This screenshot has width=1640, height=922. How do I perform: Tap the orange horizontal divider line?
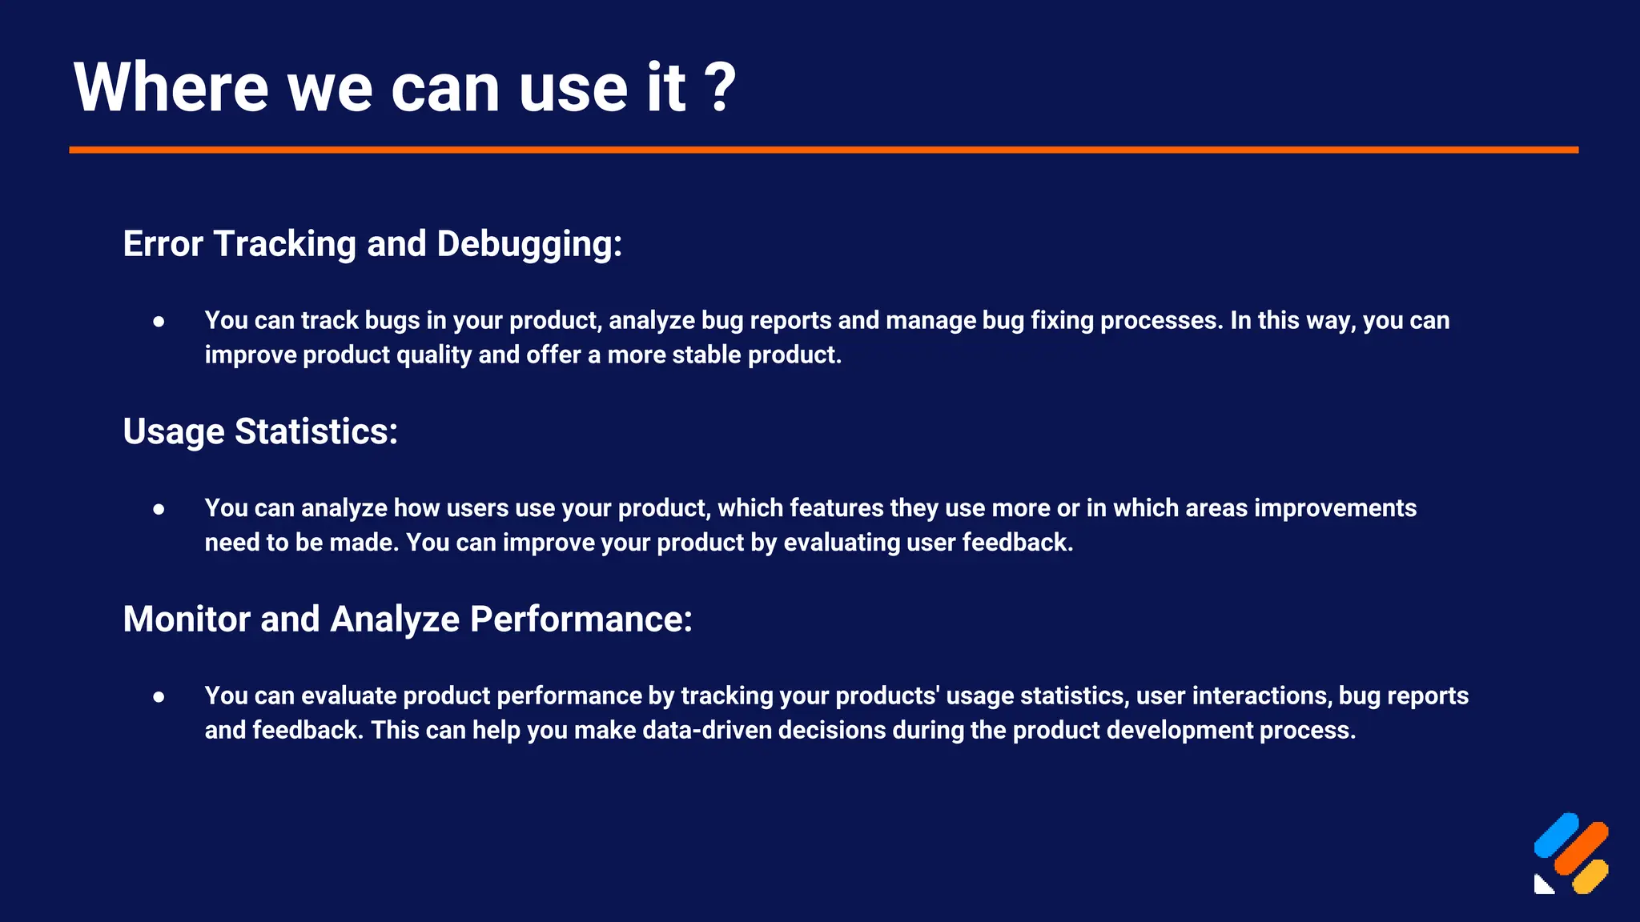coord(823,150)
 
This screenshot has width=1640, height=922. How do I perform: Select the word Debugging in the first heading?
coord(529,244)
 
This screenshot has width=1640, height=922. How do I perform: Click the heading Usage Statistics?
coord(260,431)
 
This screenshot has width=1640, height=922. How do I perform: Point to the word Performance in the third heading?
coord(581,619)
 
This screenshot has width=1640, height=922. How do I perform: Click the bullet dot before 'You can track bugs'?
coord(159,321)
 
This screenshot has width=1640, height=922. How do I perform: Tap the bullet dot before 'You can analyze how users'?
coord(159,509)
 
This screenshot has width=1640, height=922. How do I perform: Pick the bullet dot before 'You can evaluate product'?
coord(159,696)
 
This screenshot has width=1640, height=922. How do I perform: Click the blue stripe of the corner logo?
coord(1556,835)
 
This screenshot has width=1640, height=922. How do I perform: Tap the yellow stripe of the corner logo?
coord(1590,876)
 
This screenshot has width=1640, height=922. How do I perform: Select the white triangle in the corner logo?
coord(1542,885)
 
